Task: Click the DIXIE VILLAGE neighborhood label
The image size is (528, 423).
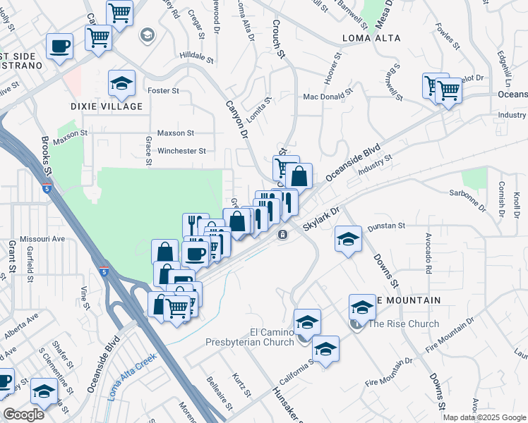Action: [x=107, y=106]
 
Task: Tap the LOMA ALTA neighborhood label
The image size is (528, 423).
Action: [x=371, y=37]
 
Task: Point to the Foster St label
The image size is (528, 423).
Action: [x=163, y=91]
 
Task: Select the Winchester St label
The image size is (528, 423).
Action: [x=181, y=150]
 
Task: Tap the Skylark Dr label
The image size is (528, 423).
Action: [x=322, y=219]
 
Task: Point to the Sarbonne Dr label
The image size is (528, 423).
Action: [x=468, y=200]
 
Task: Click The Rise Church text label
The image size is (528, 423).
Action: [x=404, y=324]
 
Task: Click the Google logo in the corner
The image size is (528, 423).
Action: [x=23, y=415]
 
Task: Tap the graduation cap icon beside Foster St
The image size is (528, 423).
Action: [x=121, y=84]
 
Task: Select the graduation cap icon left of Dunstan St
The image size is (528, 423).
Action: [x=348, y=239]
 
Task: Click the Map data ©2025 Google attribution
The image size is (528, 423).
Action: [x=484, y=417]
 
